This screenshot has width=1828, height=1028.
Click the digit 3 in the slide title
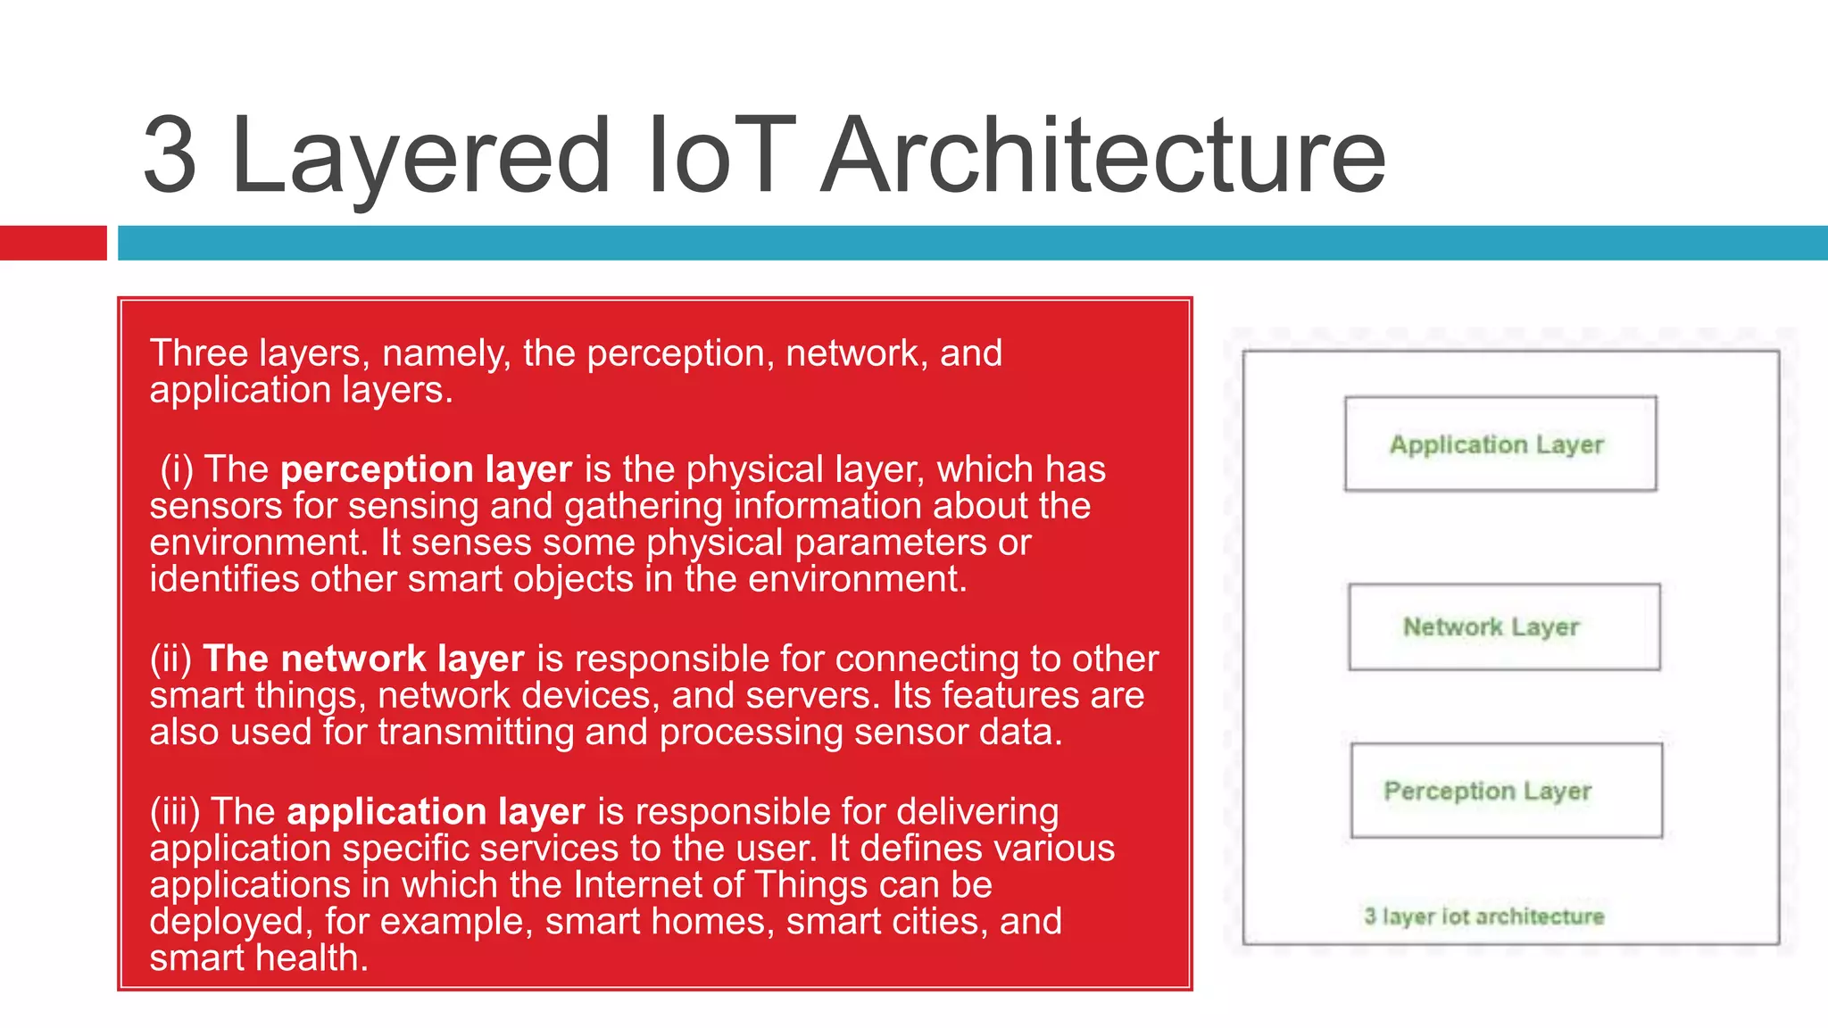click(170, 155)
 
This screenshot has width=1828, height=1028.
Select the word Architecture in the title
click(1103, 155)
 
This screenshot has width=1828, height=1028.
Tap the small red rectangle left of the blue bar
click(53, 243)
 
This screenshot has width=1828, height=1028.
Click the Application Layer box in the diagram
click(1500, 444)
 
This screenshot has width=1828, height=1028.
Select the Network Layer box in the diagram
click(1504, 626)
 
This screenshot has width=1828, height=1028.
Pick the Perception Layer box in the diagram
click(1506, 791)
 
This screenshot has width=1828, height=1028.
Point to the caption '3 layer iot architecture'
click(1483, 916)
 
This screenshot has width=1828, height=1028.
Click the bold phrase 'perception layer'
click(426, 470)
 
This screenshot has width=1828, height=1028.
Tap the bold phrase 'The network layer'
click(363, 659)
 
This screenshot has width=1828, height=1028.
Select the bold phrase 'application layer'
click(436, 812)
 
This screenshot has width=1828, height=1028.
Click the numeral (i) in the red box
click(177, 470)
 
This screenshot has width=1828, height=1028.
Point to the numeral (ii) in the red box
click(170, 659)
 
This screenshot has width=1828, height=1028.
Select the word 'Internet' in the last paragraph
click(636, 885)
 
